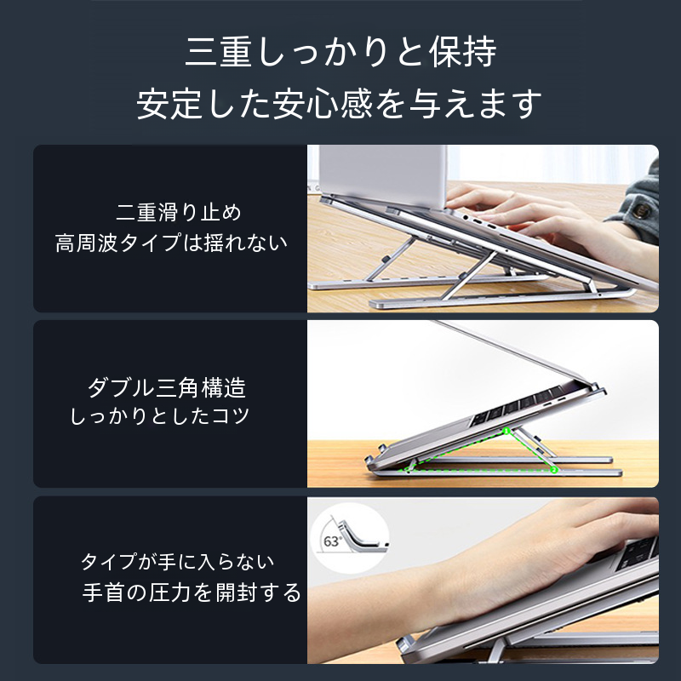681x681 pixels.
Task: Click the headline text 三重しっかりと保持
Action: pyautogui.click(x=340, y=52)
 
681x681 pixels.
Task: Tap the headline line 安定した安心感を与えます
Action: pyautogui.click(x=340, y=104)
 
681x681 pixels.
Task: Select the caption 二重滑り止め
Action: pyautogui.click(x=179, y=212)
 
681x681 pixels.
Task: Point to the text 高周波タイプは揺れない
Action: pyautogui.click(x=172, y=243)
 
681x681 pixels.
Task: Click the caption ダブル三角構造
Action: pyautogui.click(x=167, y=387)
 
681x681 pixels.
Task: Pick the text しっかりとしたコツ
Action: pyautogui.click(x=160, y=415)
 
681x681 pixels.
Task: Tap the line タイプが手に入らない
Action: pyautogui.click(x=178, y=562)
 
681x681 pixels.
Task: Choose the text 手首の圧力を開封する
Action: pyautogui.click(x=192, y=592)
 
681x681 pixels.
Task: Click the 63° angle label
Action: pyautogui.click(x=332, y=541)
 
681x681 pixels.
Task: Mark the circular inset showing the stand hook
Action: pyautogui.click(x=350, y=538)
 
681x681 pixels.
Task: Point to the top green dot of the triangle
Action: pyautogui.click(x=506, y=431)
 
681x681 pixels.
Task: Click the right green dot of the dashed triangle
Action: pyautogui.click(x=553, y=470)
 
